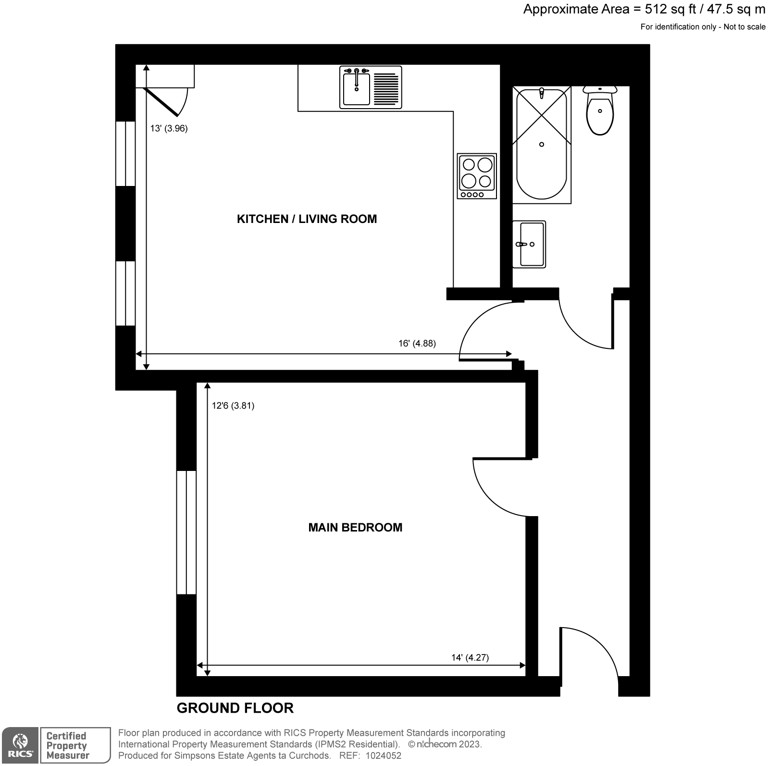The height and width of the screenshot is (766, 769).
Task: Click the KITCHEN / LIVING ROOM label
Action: coord(307,219)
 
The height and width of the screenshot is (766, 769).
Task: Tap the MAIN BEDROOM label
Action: coord(355,528)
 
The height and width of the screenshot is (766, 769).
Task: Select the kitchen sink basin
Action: coord(356,89)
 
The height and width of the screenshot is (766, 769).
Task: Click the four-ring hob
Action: coord(477,176)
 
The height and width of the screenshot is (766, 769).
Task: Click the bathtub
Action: coord(542,144)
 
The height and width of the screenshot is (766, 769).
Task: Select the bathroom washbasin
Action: coord(529,244)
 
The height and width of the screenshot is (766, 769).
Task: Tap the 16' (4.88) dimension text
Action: coord(417,344)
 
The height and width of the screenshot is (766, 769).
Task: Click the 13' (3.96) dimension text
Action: coord(169,128)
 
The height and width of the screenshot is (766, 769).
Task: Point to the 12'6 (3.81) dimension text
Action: coord(233,406)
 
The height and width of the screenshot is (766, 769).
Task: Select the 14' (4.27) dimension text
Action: coord(470,658)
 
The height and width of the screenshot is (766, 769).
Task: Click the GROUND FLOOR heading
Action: coord(235,708)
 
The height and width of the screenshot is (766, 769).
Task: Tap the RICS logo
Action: coord(19,745)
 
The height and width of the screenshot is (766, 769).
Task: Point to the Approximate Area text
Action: coord(644,10)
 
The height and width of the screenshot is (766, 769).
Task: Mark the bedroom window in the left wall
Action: coord(186,532)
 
